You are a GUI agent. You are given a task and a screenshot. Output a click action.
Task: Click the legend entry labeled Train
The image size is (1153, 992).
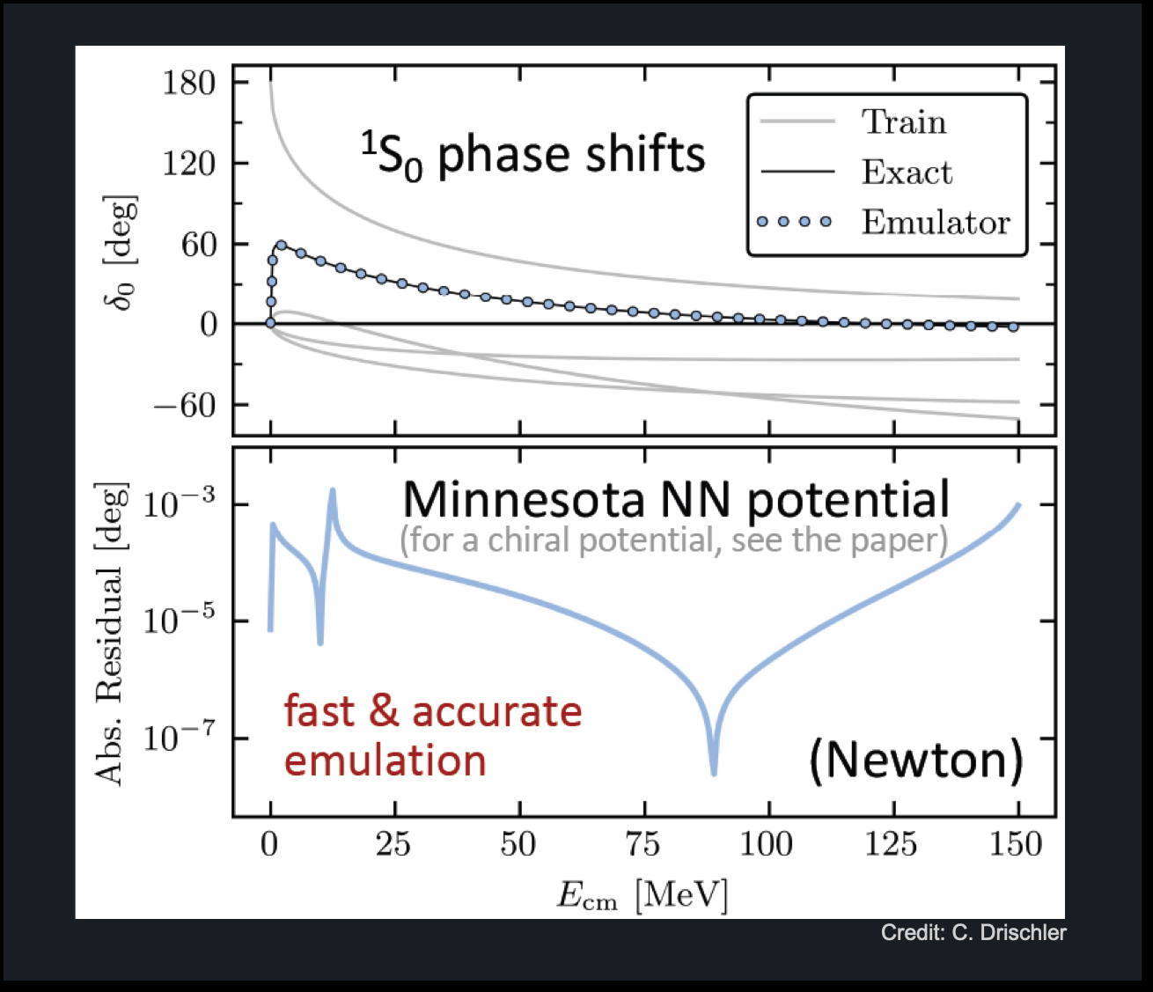click(x=904, y=121)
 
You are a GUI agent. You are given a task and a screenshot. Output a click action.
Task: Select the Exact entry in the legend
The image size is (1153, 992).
click(x=907, y=172)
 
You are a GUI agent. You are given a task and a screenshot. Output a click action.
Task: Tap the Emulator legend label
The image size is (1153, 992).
click(x=936, y=222)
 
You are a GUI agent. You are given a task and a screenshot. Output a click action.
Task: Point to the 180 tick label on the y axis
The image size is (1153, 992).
click(x=188, y=83)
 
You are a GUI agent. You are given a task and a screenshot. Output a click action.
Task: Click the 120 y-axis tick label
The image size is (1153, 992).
click(x=188, y=164)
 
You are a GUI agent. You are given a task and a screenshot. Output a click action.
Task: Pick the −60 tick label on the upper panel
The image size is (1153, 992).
click(x=184, y=406)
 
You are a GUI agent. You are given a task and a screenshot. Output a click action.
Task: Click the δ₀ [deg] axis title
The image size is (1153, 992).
click(x=120, y=253)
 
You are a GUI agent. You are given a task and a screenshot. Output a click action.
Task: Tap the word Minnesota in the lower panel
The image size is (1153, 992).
click(x=523, y=500)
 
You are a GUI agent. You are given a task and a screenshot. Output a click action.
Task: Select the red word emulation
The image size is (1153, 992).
click(x=386, y=761)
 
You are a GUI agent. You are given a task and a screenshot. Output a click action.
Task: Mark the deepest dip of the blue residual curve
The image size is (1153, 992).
click(x=714, y=773)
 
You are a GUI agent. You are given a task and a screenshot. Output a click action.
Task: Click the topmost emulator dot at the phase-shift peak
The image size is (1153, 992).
click(x=282, y=246)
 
